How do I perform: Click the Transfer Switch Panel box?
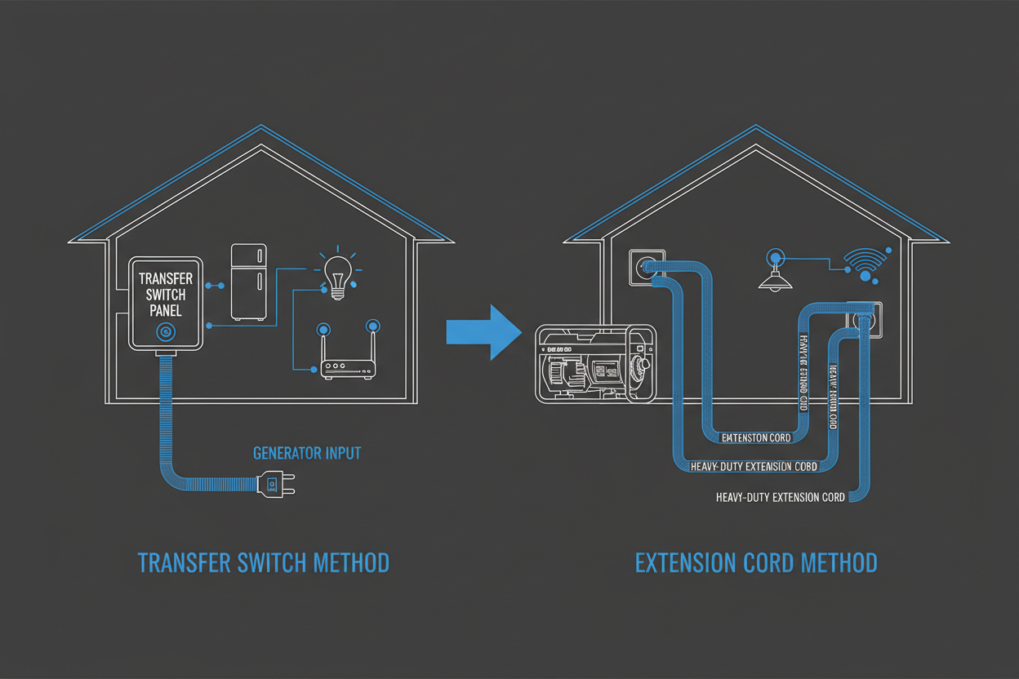point(167,302)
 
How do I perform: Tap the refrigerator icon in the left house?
point(249,282)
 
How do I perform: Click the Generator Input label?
point(307,453)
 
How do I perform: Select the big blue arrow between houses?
point(483,332)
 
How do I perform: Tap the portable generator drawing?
point(594,363)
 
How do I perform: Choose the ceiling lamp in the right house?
point(775,274)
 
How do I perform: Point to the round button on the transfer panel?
point(166,331)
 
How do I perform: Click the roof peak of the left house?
point(261,127)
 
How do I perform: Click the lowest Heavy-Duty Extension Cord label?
point(780,497)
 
